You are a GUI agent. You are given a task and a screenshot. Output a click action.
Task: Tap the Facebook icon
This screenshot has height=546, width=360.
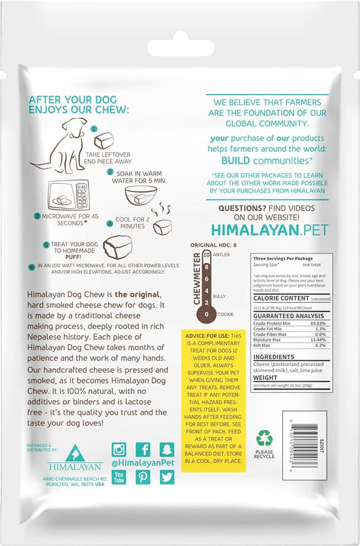(143, 450)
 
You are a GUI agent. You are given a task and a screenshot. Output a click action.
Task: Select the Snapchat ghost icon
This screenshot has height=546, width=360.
(167, 450)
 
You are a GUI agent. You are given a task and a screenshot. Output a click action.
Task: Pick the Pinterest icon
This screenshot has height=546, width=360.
(143, 477)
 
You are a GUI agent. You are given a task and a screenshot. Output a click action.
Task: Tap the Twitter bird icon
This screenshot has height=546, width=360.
(167, 477)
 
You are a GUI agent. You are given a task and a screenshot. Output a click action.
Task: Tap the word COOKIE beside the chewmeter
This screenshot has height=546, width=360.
(226, 314)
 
